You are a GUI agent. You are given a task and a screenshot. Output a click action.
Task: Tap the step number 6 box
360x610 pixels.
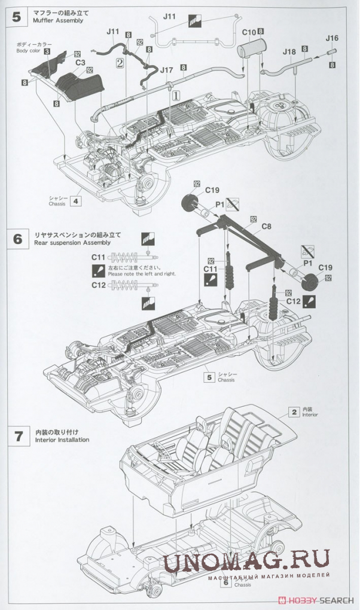[16, 239]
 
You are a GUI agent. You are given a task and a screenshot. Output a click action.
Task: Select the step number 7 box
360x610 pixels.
[16, 435]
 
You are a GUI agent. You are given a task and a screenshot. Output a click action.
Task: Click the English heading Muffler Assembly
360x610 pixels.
[59, 20]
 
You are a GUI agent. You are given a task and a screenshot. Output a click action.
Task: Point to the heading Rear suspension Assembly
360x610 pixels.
[74, 243]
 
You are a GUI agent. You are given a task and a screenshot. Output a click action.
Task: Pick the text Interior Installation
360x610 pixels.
[62, 440]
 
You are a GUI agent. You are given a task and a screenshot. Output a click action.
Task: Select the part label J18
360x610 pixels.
[289, 52]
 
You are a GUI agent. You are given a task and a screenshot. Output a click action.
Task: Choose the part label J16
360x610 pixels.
[332, 38]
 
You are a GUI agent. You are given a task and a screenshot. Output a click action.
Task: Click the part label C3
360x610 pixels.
[79, 61]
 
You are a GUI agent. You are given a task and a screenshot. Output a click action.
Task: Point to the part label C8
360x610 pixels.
[267, 227]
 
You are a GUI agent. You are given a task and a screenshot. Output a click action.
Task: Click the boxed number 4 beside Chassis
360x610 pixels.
[75, 201]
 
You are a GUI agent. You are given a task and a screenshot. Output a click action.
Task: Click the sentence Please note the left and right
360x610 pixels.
[142, 274]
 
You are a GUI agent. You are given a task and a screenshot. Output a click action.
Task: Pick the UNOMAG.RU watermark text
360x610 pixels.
[246, 560]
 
